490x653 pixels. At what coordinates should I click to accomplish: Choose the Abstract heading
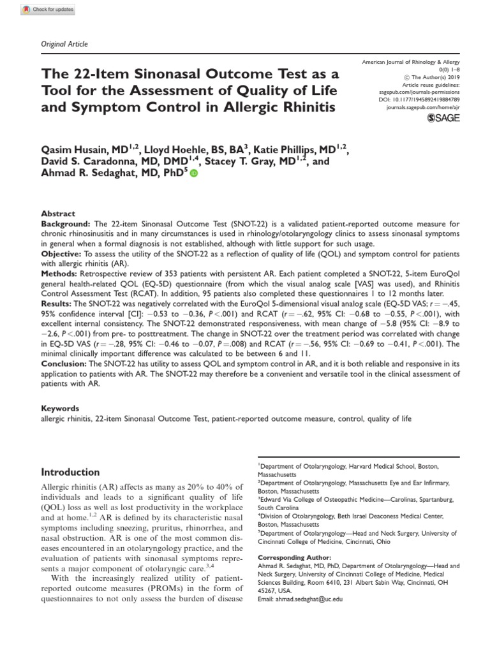[58, 214]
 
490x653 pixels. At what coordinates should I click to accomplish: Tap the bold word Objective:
[63, 253]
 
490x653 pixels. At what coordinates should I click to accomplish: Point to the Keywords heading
[60, 409]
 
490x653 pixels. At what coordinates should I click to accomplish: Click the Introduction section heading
[70, 473]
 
